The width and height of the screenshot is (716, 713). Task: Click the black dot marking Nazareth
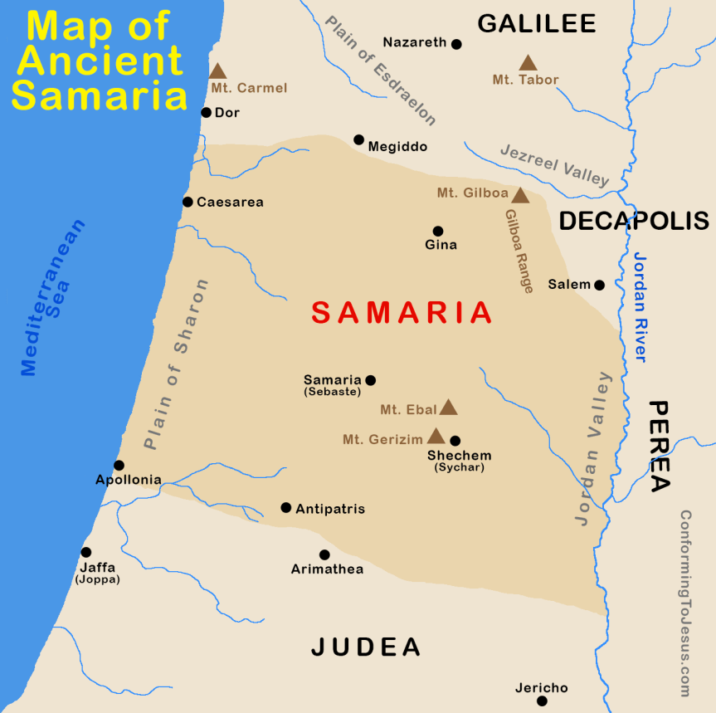pos(456,44)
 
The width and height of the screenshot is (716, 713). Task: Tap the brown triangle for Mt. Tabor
pos(527,63)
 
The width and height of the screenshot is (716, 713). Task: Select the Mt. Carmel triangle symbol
pos(217,72)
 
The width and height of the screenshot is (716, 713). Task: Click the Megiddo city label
pos(397,147)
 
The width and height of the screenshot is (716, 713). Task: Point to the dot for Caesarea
pos(188,202)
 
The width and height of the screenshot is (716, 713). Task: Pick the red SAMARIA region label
pos(402,313)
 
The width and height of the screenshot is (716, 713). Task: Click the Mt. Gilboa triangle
pos(520,196)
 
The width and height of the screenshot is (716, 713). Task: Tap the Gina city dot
pos(438,231)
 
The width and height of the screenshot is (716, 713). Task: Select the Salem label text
pos(568,285)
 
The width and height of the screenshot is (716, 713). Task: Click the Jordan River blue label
pos(639,306)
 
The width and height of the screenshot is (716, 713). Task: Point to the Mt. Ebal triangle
pos(448,408)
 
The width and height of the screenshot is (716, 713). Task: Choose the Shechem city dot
pos(455,440)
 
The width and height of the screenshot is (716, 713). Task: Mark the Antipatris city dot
pos(285,507)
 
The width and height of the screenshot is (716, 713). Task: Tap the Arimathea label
pos(327,569)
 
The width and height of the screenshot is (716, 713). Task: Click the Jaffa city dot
pos(85,552)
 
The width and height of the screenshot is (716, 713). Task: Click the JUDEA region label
pos(366,647)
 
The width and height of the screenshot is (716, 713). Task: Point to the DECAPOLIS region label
pos(634,221)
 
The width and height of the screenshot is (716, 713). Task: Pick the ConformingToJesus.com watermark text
pos(685,603)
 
